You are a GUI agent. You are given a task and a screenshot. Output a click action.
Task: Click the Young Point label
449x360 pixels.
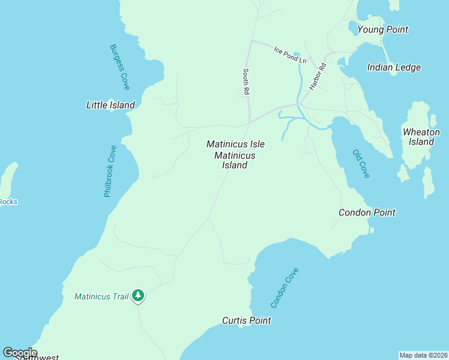click(x=382, y=29)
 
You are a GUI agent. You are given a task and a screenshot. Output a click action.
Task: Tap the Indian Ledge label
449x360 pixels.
click(x=394, y=67)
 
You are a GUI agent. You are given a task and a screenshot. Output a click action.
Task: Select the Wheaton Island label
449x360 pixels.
click(x=421, y=137)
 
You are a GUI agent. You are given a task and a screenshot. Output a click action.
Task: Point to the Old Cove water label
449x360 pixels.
click(x=361, y=163)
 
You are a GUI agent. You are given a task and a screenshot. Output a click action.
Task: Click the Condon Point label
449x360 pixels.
click(x=367, y=212)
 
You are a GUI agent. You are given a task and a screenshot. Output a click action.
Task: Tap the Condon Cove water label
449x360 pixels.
click(x=285, y=288)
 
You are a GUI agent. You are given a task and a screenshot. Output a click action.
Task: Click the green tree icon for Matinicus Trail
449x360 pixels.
click(x=138, y=295)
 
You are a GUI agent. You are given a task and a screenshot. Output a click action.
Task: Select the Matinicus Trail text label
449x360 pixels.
click(x=101, y=296)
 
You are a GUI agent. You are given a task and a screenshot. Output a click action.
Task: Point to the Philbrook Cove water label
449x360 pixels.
click(x=110, y=171)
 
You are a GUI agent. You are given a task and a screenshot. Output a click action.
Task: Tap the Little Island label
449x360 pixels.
click(x=110, y=105)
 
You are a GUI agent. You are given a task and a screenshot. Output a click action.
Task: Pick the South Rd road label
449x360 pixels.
click(x=246, y=81)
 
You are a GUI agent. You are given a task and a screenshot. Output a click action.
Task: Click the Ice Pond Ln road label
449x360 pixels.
click(x=290, y=55)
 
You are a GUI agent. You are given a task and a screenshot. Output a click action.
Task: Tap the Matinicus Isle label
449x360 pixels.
click(x=235, y=144)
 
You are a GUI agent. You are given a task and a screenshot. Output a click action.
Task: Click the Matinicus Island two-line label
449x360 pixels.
click(x=235, y=160)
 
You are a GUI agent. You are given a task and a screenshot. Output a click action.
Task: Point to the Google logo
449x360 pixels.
click(x=20, y=353)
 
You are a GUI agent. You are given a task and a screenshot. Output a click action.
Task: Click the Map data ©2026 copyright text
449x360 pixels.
click(x=423, y=355)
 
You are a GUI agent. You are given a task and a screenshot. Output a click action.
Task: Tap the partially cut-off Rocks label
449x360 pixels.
click(x=8, y=202)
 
